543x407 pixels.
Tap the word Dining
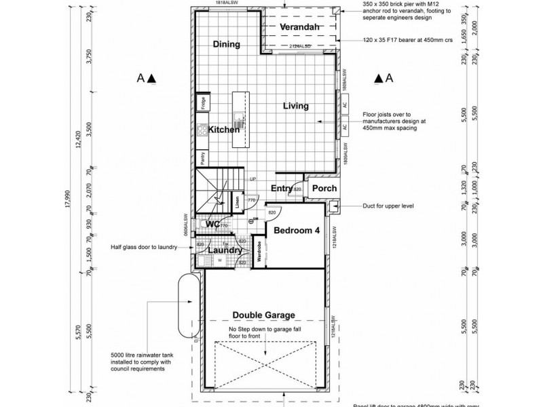(x=227, y=45)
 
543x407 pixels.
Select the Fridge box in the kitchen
(x=202, y=103)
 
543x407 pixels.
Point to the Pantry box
(x=202, y=158)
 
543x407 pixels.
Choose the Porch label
(x=324, y=189)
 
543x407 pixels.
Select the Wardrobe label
(x=259, y=252)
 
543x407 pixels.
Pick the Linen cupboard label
(x=237, y=201)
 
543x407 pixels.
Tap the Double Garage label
(x=263, y=315)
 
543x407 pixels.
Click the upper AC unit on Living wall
(x=345, y=106)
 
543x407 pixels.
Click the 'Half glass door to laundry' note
(x=144, y=248)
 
